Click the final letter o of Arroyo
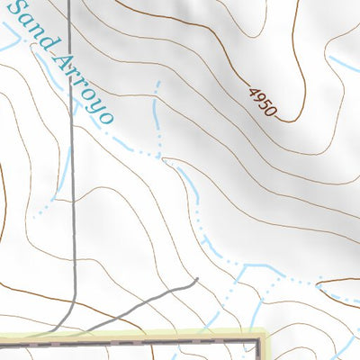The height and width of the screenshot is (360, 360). (106, 116)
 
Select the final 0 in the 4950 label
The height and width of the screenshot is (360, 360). (274, 113)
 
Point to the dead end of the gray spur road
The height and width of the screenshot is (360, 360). (195, 281)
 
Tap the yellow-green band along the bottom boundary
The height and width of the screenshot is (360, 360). (135, 336)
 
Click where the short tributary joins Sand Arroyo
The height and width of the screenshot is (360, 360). (162, 158)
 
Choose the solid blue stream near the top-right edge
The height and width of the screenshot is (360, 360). (346, 65)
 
